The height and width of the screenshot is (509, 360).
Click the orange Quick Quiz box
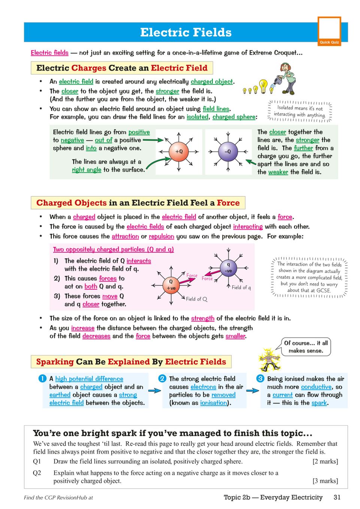click(x=329, y=31)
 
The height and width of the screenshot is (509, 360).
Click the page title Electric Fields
click(x=186, y=33)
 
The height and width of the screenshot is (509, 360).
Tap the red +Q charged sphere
click(x=179, y=152)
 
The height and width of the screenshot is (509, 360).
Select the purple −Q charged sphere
click(x=227, y=152)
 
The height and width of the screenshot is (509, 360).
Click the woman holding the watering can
click(x=288, y=79)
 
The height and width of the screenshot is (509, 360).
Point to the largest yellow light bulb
click(x=264, y=86)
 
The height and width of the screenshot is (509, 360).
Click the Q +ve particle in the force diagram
click(x=171, y=285)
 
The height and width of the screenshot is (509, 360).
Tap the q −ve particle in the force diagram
click(x=228, y=268)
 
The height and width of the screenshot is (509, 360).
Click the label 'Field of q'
click(x=241, y=287)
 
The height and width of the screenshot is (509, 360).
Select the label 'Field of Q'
click(x=197, y=299)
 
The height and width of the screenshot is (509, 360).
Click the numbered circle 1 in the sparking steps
click(x=42, y=378)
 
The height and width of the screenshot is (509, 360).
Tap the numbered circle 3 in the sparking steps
click(x=260, y=378)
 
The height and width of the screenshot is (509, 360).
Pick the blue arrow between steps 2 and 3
click(x=252, y=390)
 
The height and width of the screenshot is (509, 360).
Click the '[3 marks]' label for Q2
click(x=325, y=481)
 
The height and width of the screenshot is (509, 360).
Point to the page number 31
click(x=337, y=497)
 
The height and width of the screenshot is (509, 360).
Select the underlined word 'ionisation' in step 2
click(x=214, y=403)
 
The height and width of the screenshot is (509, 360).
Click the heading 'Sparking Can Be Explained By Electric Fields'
click(x=131, y=362)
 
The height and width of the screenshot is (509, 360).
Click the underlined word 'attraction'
click(x=125, y=237)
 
